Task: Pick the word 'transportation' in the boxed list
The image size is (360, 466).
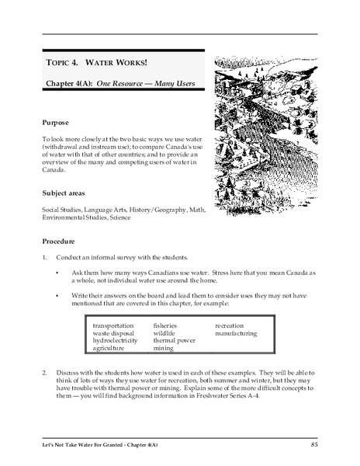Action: (x=113, y=325)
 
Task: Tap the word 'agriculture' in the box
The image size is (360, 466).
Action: (x=110, y=349)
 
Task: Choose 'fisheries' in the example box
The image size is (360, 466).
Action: (x=165, y=325)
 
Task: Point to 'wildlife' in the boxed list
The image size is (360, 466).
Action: (x=164, y=332)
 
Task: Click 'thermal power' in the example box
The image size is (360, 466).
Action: (x=174, y=340)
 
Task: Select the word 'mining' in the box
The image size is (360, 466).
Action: (x=163, y=349)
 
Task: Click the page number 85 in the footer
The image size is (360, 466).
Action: (x=313, y=443)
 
